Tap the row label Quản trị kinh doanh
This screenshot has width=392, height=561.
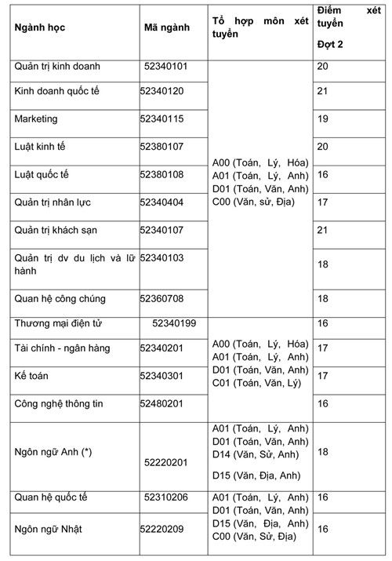pyautogui.click(x=57, y=67)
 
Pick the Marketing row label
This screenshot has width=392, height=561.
pyautogui.click(x=36, y=119)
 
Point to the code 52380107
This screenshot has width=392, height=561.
pyautogui.click(x=162, y=147)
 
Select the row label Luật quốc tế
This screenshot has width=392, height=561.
pyautogui.click(x=42, y=174)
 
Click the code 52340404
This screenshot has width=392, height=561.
pyautogui.click(x=162, y=202)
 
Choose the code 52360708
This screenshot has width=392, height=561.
pyautogui.click(x=162, y=299)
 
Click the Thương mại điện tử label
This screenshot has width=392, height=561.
pyautogui.click(x=59, y=323)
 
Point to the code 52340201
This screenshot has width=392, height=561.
pyautogui.click(x=162, y=348)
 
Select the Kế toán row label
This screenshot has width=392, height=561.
pyautogui.click(x=31, y=376)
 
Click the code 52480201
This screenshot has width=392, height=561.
pyautogui.click(x=162, y=403)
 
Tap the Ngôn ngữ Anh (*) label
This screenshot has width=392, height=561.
pyautogui.click(x=53, y=453)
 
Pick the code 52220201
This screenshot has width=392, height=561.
pyautogui.click(x=166, y=463)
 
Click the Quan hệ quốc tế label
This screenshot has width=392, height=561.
pyautogui.click(x=51, y=497)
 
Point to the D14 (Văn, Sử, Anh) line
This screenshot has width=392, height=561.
pyautogui.click(x=256, y=455)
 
